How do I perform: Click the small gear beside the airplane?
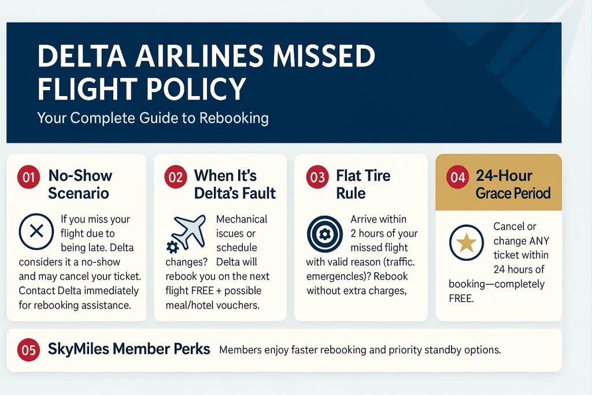tap(172, 248)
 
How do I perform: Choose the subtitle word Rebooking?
tap(234, 119)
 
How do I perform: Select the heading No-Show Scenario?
tap(80, 184)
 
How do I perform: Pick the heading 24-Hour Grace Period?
tap(512, 184)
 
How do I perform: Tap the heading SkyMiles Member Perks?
tap(129, 349)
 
